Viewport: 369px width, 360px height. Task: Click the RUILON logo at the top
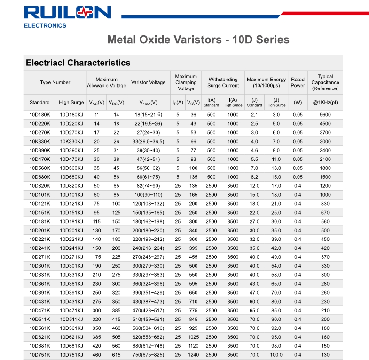[68, 13]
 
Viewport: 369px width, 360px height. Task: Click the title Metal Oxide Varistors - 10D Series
[198, 39]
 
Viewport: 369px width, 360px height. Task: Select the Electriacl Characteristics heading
[78, 63]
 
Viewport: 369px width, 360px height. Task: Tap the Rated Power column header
[298, 82]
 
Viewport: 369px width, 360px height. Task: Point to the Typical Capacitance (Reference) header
[325, 82]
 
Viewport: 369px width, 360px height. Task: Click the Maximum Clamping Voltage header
[186, 82]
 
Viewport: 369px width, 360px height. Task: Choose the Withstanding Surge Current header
[223, 82]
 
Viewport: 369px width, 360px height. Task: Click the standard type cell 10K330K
[39, 141]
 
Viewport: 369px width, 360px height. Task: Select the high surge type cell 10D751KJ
[71, 355]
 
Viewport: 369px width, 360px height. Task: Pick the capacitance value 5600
[325, 114]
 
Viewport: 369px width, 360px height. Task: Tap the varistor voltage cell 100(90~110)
[148, 195]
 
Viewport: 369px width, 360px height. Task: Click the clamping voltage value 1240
[193, 355]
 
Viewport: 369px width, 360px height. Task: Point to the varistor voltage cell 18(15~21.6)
[148, 114]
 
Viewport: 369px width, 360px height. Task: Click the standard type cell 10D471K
[39, 311]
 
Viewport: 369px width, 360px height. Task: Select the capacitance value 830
[325, 204]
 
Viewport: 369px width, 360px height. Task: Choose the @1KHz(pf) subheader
[325, 102]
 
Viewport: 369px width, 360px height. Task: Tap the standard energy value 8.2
[254, 177]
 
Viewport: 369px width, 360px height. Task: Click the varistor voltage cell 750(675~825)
[148, 355]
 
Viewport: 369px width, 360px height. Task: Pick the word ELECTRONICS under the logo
[45, 25]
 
